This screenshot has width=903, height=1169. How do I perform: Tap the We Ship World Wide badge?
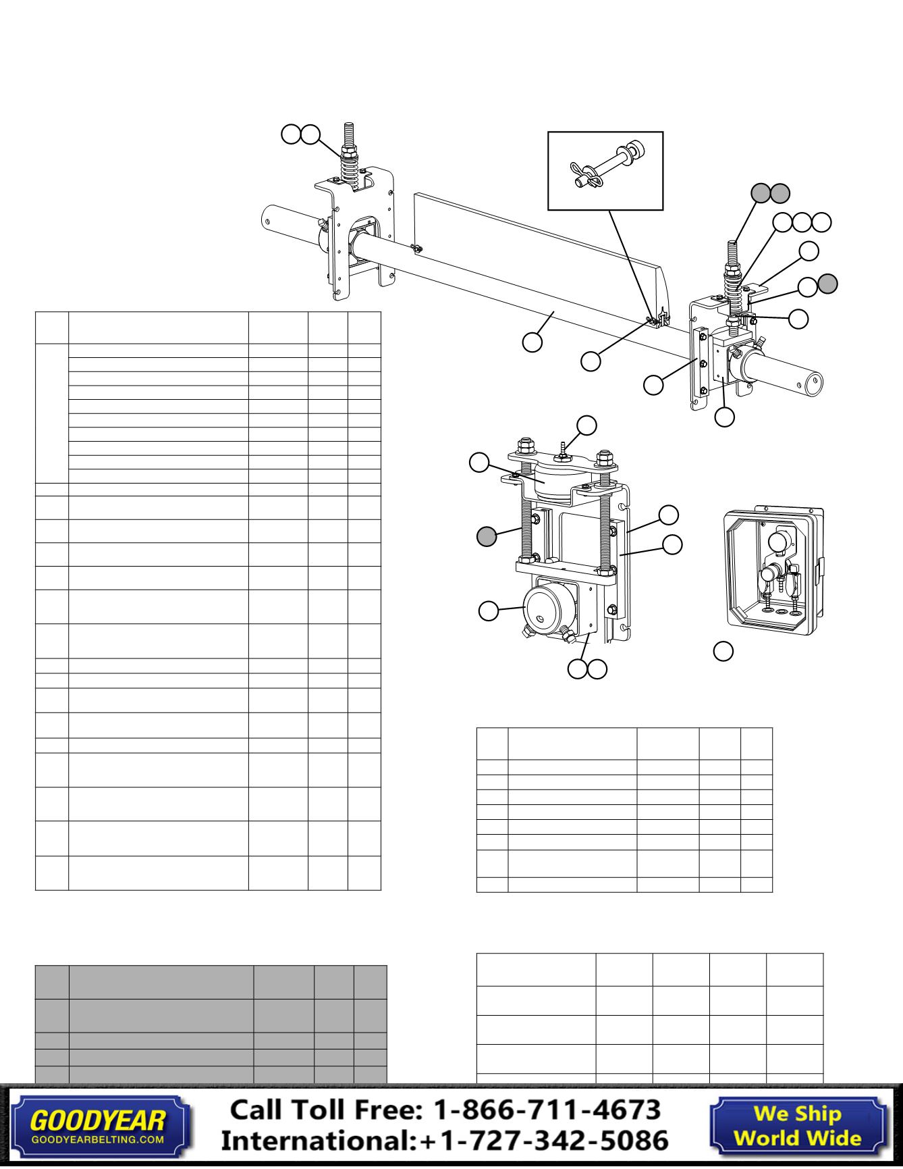[797, 1125]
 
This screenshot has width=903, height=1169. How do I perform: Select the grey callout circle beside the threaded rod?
[487, 537]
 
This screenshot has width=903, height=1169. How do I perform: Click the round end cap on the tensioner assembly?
[545, 608]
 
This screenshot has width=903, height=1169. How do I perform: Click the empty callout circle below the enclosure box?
[723, 651]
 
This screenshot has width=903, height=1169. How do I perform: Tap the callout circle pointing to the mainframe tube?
[532, 342]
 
